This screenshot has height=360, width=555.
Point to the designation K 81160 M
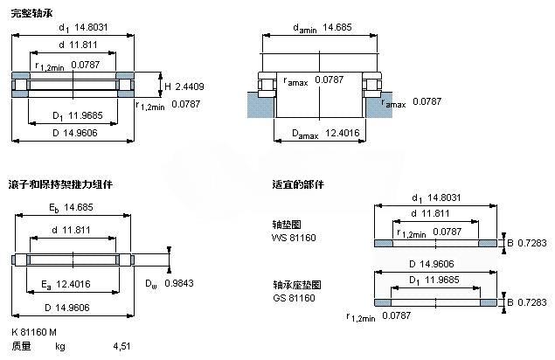pos(34,331)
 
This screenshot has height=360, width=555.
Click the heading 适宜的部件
pos(298,185)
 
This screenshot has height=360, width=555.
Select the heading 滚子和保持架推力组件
pos(60,185)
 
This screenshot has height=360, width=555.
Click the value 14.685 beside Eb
pos(77,207)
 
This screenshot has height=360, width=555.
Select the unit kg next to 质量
pos(60,346)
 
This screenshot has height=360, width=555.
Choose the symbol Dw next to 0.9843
pos(151,284)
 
